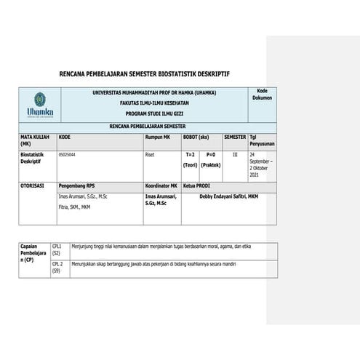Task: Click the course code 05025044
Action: pos(67,154)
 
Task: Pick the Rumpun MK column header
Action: pos(158,137)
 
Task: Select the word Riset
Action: pos(151,154)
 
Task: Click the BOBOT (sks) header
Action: pos(196,137)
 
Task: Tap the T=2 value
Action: pos(191,154)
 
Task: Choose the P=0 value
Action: pos(210,154)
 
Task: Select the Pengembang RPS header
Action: pos(77,186)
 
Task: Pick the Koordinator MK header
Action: pos(162,186)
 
